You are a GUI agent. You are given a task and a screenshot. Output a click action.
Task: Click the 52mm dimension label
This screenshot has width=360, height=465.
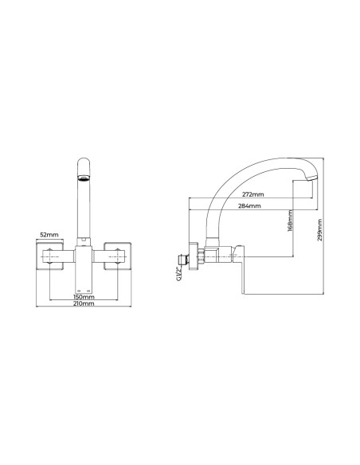click(49, 235)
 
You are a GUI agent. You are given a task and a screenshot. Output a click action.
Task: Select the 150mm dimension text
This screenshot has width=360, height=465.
click(84, 297)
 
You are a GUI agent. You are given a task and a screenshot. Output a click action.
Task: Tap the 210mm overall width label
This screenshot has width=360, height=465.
click(84, 303)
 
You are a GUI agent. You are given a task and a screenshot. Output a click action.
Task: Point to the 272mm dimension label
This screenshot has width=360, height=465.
click(252, 194)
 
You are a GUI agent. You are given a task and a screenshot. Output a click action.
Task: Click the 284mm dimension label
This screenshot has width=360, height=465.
click(249, 205)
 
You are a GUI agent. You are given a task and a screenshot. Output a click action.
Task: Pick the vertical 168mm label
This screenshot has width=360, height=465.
click(290, 221)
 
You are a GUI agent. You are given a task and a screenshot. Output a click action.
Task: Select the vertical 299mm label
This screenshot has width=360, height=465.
click(319, 230)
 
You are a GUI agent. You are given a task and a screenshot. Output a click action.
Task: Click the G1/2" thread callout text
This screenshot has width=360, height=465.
click(178, 274)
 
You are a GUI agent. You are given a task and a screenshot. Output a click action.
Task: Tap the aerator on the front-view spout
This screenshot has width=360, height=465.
click(84, 178)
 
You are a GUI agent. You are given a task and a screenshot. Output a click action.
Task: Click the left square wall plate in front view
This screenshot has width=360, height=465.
click(50, 256)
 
